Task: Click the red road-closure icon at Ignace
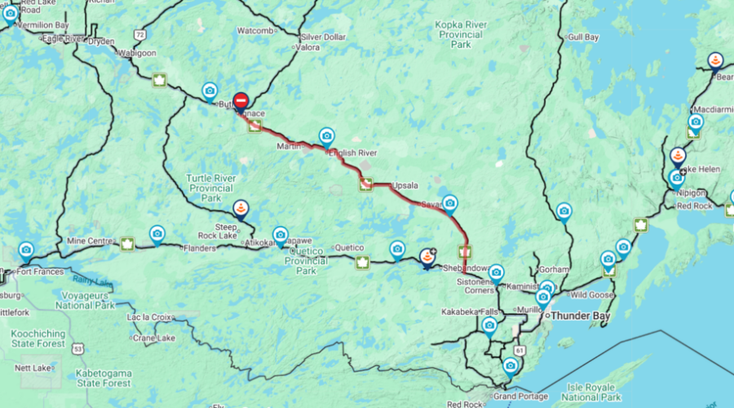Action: point(241,101)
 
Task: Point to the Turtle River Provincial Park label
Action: point(210,188)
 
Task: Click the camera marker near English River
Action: point(327,135)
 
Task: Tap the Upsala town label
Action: point(405,185)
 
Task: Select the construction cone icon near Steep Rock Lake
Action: point(241,209)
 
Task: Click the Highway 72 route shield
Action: point(141,35)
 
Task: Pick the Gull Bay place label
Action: point(582,38)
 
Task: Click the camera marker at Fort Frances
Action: point(26,249)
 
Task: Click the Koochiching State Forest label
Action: point(40,339)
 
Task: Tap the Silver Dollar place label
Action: point(323,38)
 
